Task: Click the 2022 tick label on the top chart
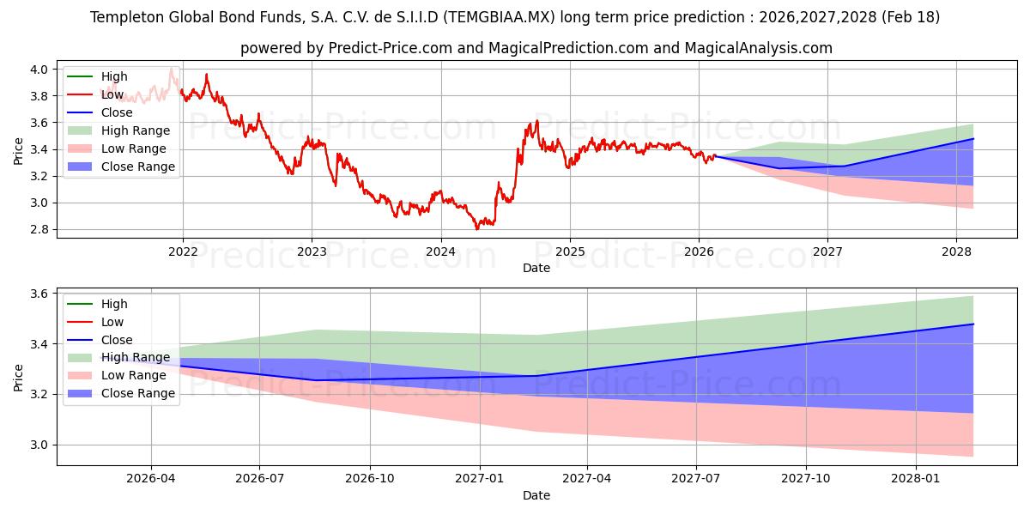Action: point(183,251)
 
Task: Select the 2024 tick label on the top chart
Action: point(441,251)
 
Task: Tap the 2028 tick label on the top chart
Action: point(957,251)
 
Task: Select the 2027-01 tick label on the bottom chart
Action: point(479,478)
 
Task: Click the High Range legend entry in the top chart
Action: point(136,130)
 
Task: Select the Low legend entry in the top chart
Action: point(112,94)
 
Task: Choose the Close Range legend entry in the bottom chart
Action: point(137,393)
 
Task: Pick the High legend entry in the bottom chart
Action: point(114,304)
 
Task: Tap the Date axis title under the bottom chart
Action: point(536,495)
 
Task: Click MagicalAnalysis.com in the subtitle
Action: point(758,48)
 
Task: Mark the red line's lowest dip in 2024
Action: point(477,229)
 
